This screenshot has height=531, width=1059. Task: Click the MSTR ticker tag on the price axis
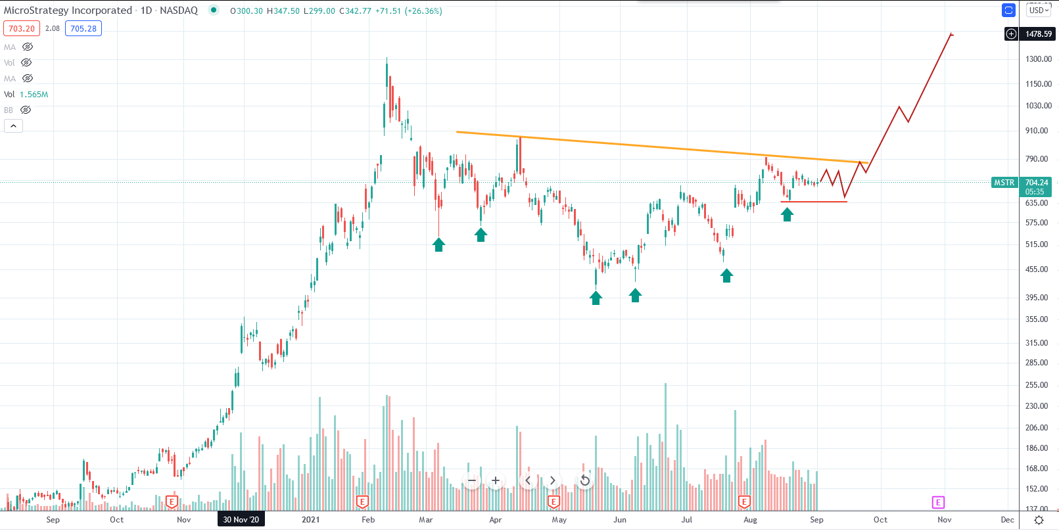click(x=1004, y=183)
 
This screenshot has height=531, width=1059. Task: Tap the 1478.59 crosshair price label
click(x=1039, y=34)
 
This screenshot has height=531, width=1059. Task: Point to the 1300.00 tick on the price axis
click(x=1039, y=59)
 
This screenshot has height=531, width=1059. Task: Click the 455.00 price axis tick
click(x=1037, y=269)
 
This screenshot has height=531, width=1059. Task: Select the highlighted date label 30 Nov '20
click(x=241, y=519)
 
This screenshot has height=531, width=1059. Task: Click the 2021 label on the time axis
click(x=310, y=519)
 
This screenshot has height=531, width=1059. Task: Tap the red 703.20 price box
click(x=22, y=29)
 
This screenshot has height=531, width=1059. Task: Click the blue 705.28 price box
click(x=83, y=29)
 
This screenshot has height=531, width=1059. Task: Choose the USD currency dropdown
click(x=1039, y=10)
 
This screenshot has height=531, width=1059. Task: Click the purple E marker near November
click(x=938, y=503)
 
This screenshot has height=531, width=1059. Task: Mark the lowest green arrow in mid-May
click(x=596, y=298)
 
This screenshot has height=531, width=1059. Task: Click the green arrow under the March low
click(x=438, y=244)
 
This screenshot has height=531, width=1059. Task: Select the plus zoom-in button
click(x=496, y=480)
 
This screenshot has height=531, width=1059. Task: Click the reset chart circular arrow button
click(x=584, y=480)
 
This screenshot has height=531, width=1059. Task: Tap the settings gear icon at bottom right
click(x=1039, y=520)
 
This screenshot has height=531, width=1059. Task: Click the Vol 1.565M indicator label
click(x=26, y=95)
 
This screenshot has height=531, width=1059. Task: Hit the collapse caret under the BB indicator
click(x=13, y=126)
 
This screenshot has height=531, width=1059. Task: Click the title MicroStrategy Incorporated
click(x=68, y=11)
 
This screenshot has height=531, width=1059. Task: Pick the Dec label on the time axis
click(x=1007, y=519)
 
